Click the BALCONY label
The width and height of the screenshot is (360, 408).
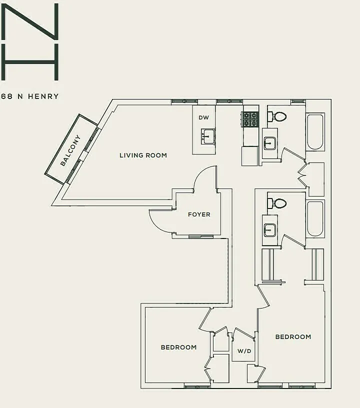click(x=70, y=150)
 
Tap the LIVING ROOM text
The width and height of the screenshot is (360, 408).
click(x=143, y=155)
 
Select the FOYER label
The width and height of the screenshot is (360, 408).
click(x=199, y=214)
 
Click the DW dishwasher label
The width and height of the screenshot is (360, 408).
click(x=203, y=117)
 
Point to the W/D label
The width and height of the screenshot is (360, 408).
click(x=244, y=351)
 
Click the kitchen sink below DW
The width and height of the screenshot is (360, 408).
click(x=208, y=136)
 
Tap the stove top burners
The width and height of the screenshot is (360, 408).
click(x=250, y=119)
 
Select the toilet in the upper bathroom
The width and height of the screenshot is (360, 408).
click(x=277, y=117)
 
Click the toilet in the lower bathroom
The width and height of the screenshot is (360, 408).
click(x=277, y=203)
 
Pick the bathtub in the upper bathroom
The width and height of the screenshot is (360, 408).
click(x=315, y=131)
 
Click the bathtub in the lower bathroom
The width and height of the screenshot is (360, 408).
click(x=315, y=218)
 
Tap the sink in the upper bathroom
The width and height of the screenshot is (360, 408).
click(x=269, y=143)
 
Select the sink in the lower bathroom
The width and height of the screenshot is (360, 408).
click(x=269, y=230)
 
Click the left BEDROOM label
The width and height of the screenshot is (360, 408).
click(x=178, y=347)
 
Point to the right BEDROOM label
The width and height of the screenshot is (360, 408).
click(x=293, y=337)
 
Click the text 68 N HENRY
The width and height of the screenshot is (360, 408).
click(x=30, y=96)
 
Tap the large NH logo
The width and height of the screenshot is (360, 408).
click(x=30, y=41)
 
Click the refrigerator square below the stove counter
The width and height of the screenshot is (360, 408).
click(x=249, y=156)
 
